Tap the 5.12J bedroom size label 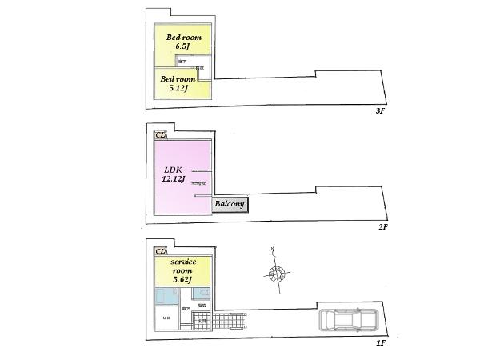178,88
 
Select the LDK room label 174,170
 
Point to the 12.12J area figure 173,179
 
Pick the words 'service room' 185,266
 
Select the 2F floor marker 383,226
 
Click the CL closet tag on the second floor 160,135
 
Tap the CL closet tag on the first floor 160,251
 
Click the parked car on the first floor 350,320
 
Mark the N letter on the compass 272,251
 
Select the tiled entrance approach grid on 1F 228,322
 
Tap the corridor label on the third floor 183,61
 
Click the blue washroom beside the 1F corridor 167,296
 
